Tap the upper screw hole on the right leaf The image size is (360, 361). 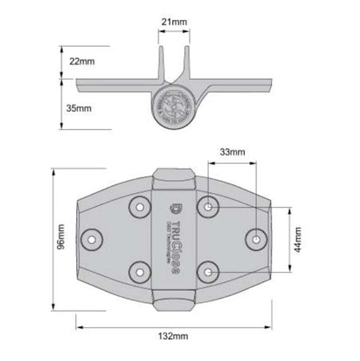[x=209, y=206]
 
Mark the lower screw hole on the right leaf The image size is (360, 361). [x=209, y=270]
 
